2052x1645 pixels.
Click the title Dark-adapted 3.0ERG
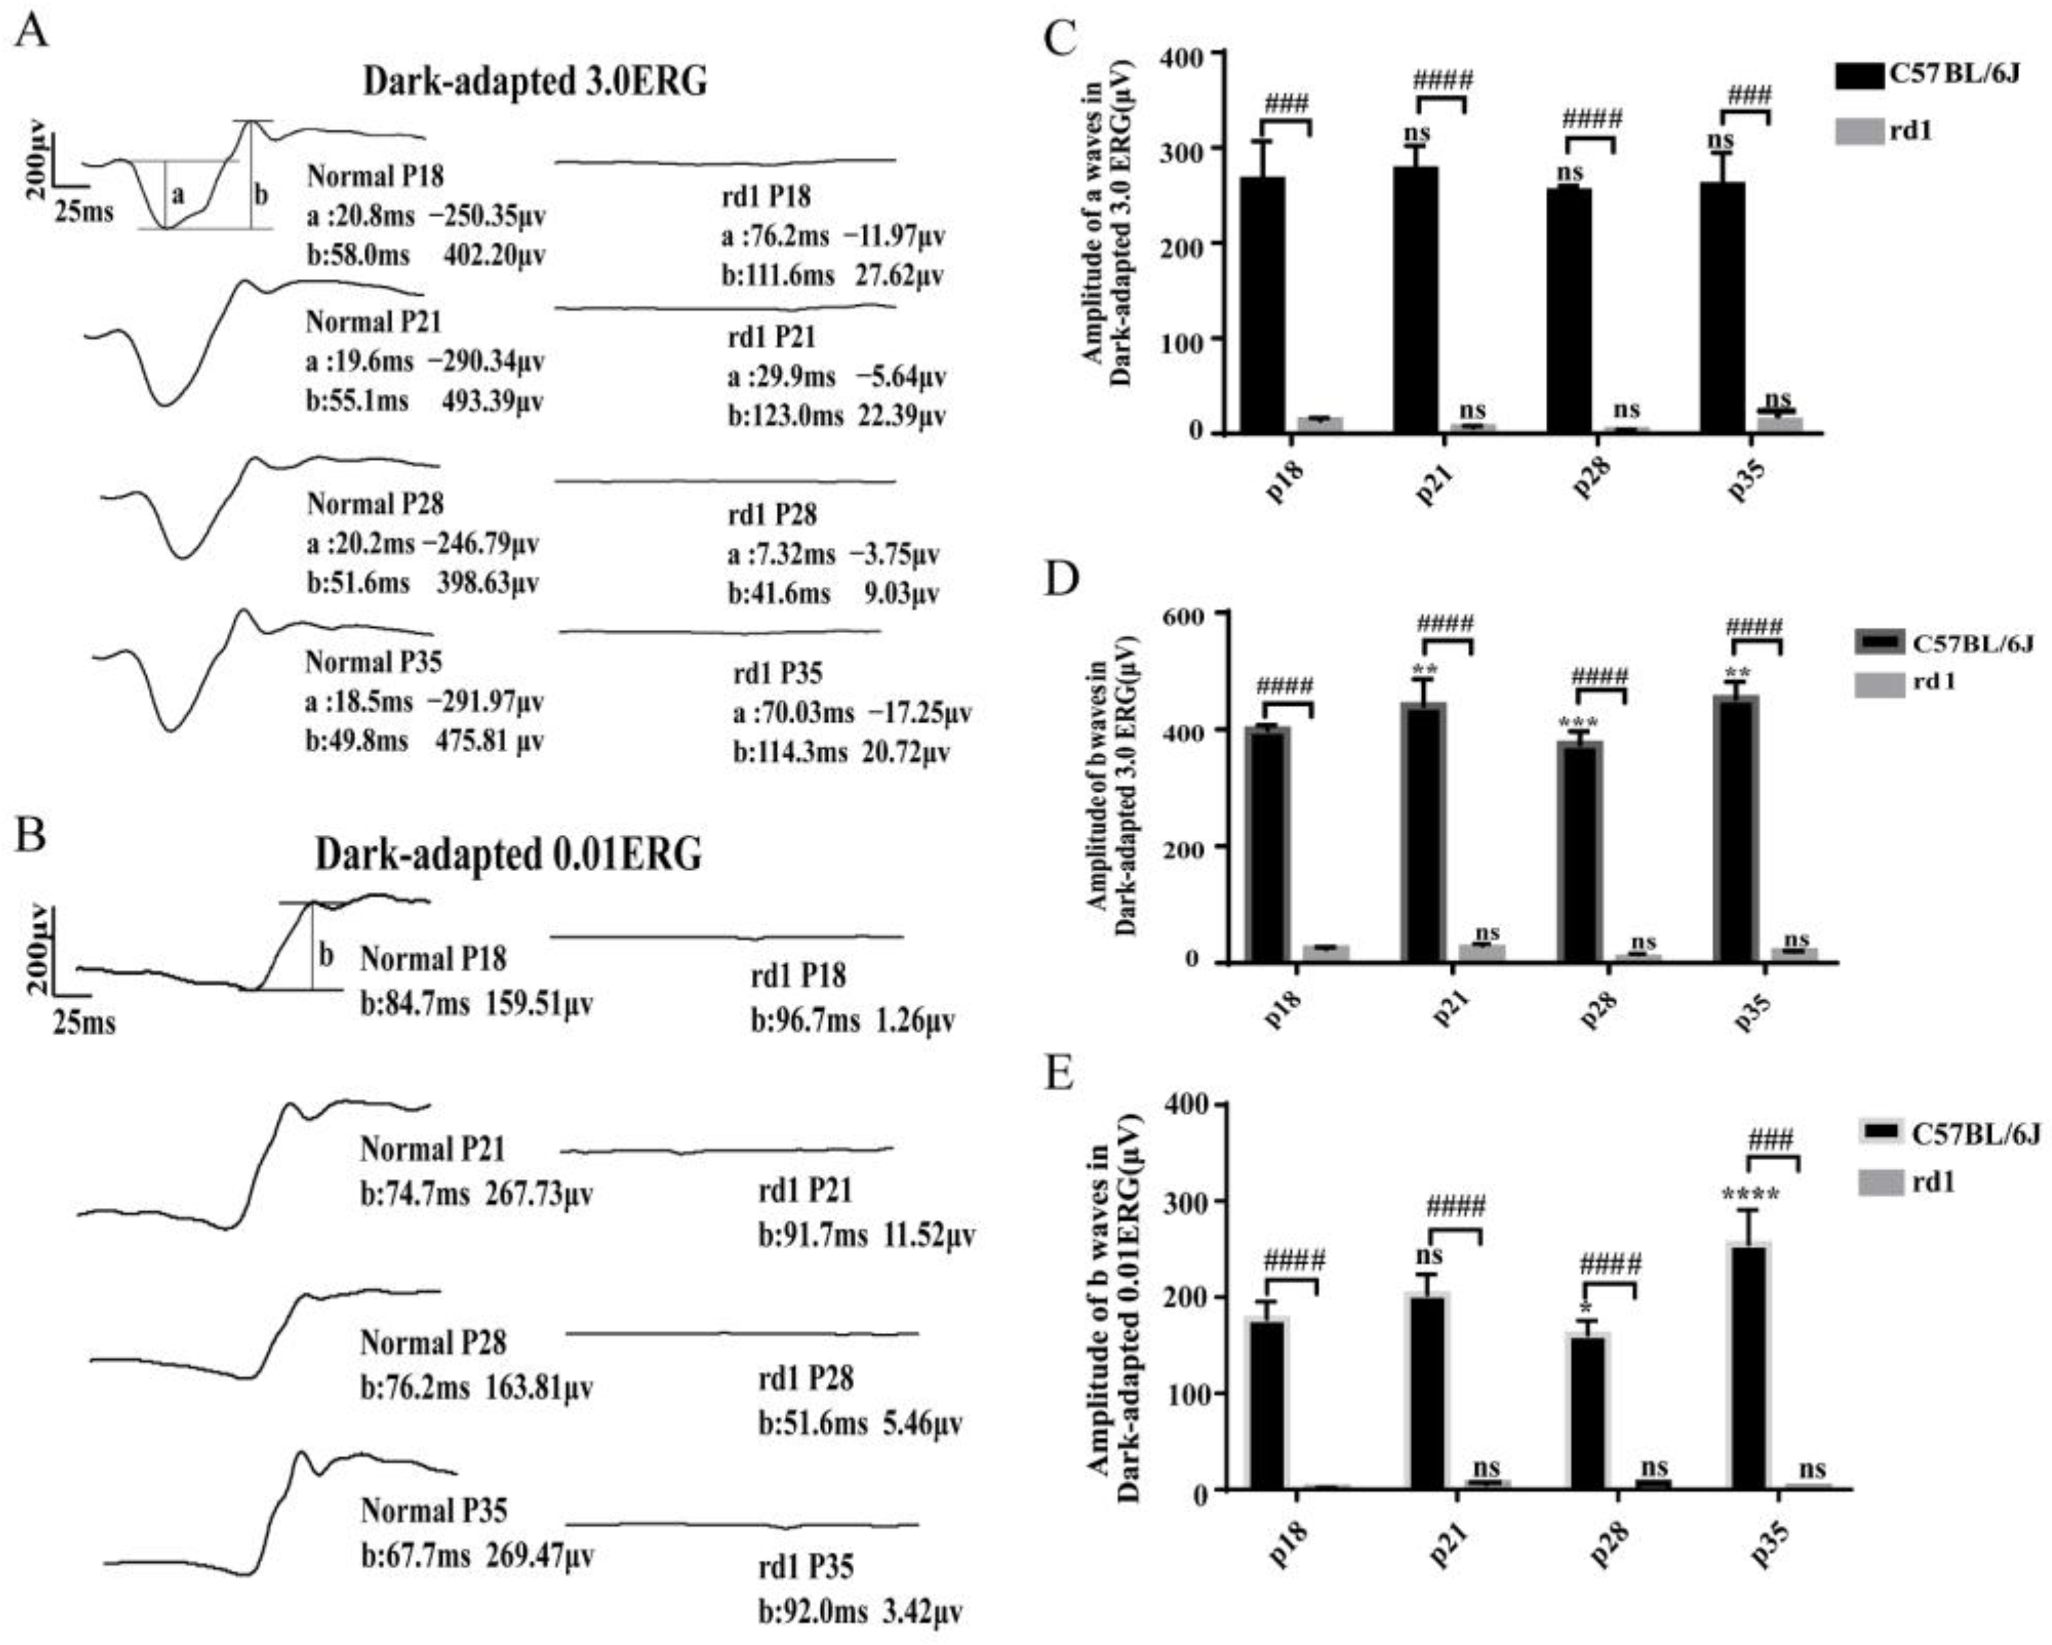(x=535, y=82)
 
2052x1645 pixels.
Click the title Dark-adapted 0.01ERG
(x=508, y=855)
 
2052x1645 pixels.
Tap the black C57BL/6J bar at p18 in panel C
(x=1262, y=305)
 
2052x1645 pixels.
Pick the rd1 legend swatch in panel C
(x=1858, y=130)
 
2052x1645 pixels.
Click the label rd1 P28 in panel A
(x=772, y=515)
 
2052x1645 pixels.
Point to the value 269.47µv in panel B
(x=540, y=1556)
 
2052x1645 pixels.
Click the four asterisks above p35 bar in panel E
(x=1749, y=1195)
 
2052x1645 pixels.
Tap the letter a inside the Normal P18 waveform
(x=177, y=196)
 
